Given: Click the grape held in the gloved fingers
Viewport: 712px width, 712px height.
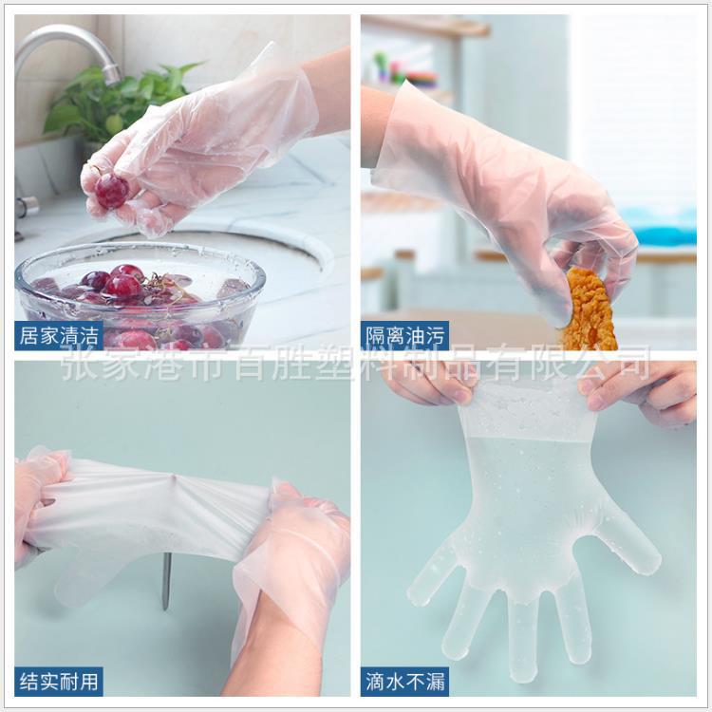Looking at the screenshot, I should [111, 190].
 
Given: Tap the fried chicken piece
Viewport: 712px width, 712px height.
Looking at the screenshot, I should [589, 311].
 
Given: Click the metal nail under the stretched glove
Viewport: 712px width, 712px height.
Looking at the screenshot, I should [166, 580].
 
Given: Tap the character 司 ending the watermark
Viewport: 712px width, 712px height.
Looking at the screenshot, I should [632, 364].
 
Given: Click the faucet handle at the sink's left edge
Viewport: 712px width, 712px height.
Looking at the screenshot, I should [23, 205].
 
